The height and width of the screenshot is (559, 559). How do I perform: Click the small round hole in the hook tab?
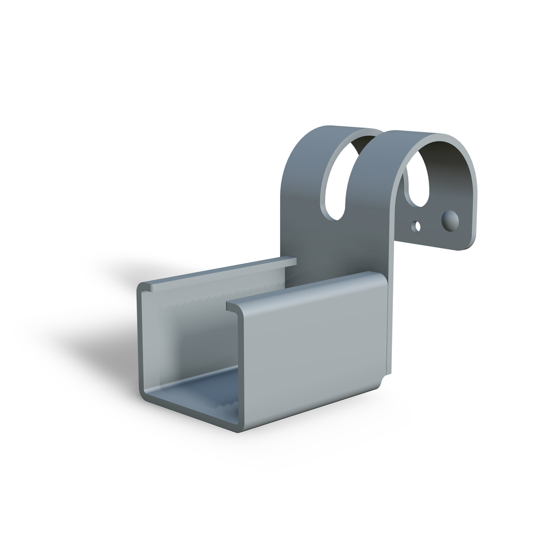[x=415, y=226]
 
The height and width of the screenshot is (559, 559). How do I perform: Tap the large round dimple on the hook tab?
[x=450, y=220]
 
